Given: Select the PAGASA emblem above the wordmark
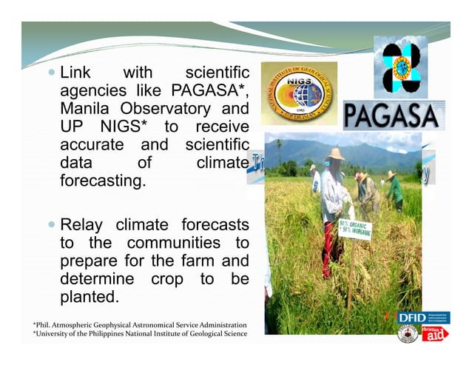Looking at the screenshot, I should coord(401,65).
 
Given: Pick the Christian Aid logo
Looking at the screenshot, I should coord(435,334).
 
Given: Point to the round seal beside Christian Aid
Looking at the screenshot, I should coord(408,334).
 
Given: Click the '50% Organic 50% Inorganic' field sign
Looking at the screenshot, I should coord(355,230).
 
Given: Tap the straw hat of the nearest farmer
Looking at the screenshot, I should coord(336,154).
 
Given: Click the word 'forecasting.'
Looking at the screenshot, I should coord(101,180).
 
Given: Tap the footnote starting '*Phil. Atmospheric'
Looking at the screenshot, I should coord(140,325).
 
